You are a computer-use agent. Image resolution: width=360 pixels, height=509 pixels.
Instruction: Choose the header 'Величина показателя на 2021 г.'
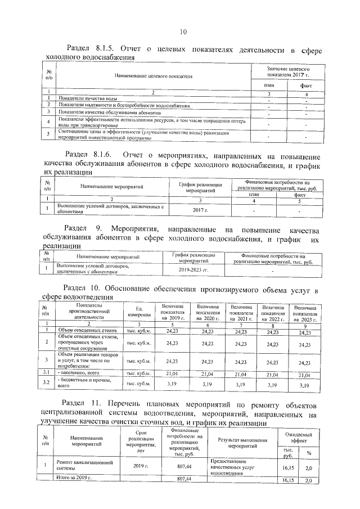[240, 311]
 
